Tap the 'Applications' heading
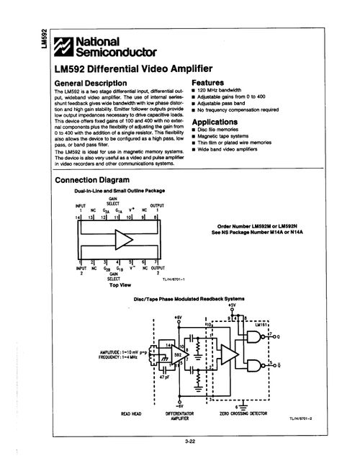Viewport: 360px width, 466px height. click(220, 123)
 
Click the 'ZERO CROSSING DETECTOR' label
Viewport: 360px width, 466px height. click(243, 413)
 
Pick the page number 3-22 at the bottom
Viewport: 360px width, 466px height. click(191, 441)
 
